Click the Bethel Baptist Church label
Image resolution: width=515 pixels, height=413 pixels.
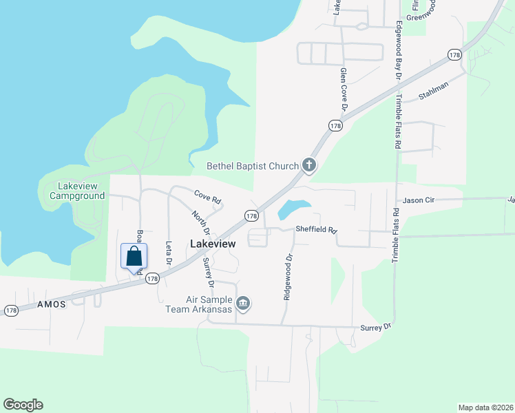pyautogui.click(x=253, y=165)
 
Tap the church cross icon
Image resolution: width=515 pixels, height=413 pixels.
pyautogui.click(x=309, y=165)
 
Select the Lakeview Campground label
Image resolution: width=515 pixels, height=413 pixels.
pyautogui.click(x=77, y=191)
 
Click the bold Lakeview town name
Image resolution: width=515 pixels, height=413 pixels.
pyautogui.click(x=213, y=244)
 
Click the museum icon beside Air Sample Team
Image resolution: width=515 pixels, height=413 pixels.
pyautogui.click(x=242, y=303)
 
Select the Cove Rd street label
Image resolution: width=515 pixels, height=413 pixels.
pyautogui.click(x=207, y=198)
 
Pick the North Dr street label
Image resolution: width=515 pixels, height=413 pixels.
pyautogui.click(x=200, y=223)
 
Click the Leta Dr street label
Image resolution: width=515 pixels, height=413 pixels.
pyautogui.click(x=168, y=253)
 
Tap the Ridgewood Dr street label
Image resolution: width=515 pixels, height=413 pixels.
pyautogui.click(x=288, y=277)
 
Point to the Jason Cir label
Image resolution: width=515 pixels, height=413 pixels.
pyautogui.click(x=419, y=200)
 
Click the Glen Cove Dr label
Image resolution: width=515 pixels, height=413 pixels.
pyautogui.click(x=343, y=89)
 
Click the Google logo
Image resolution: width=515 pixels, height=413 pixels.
pyautogui.click(x=23, y=405)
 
